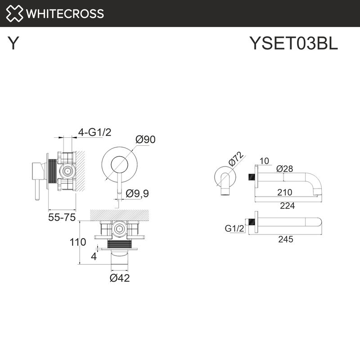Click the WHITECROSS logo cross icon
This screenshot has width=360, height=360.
[14, 13]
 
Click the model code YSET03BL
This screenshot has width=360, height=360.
[293, 44]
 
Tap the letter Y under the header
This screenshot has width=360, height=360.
[13, 44]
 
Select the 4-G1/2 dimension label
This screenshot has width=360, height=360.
[94, 132]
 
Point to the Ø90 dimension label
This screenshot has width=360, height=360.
[145, 140]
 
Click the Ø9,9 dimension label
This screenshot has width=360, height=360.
[137, 193]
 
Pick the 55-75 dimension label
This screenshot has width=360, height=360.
[61, 217]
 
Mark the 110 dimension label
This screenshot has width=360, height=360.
[78, 242]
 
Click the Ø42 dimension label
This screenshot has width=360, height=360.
[120, 278]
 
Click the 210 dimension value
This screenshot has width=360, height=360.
[284, 192]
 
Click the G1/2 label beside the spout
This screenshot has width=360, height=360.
[234, 229]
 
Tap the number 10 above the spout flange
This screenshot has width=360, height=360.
[264, 161]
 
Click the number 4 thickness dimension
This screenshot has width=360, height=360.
[94, 257]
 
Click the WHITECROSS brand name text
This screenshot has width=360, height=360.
[65, 13]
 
